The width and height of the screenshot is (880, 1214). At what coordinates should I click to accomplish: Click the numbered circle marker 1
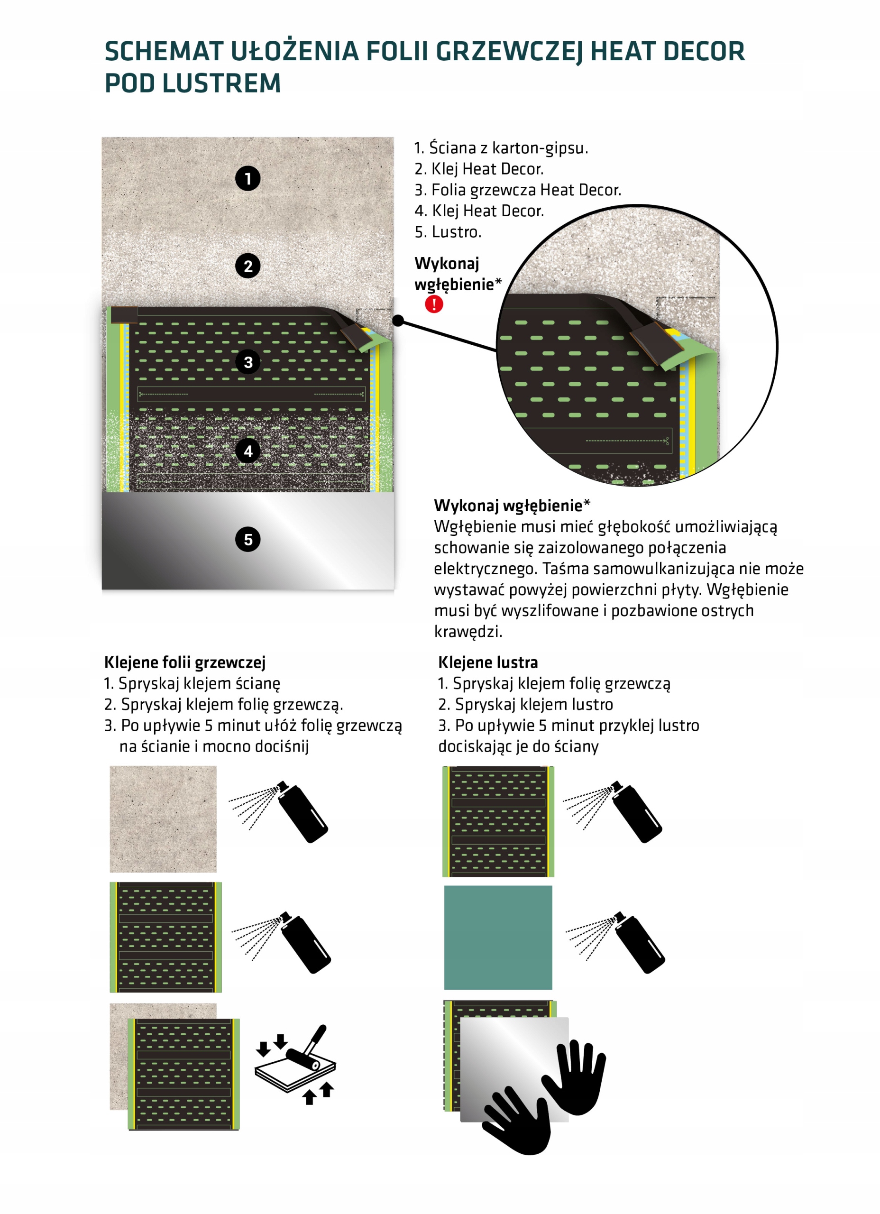click(x=248, y=178)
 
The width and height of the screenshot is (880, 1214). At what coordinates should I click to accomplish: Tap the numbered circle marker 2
click(x=248, y=266)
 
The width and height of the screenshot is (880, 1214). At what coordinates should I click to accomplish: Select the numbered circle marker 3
click(x=248, y=362)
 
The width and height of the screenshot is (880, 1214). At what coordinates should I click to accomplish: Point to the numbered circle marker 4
click(x=248, y=451)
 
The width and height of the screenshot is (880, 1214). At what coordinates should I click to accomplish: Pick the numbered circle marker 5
click(x=248, y=539)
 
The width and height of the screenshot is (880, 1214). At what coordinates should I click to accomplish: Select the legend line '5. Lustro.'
click(x=448, y=232)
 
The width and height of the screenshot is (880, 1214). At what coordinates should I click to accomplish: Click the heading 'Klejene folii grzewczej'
click(x=184, y=662)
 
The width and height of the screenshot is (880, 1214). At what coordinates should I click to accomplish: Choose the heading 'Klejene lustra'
click(x=487, y=662)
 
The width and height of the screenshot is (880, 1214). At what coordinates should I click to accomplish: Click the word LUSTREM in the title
click(x=221, y=83)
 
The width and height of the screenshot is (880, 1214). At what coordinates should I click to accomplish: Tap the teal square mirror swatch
click(x=498, y=937)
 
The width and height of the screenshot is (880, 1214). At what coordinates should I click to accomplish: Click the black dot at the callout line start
click(x=398, y=320)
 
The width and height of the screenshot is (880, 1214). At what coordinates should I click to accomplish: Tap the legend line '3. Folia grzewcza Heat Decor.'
click(x=518, y=190)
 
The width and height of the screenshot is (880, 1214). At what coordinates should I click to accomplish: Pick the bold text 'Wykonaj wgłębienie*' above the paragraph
click(x=512, y=506)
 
